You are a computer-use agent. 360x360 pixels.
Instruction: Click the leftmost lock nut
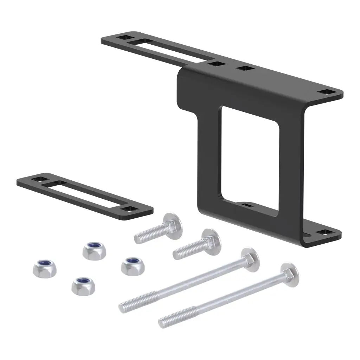[x=44, y=269]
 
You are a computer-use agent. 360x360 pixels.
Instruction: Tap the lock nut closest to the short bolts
[x=133, y=266]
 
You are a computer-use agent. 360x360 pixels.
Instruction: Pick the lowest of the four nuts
[x=83, y=286]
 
